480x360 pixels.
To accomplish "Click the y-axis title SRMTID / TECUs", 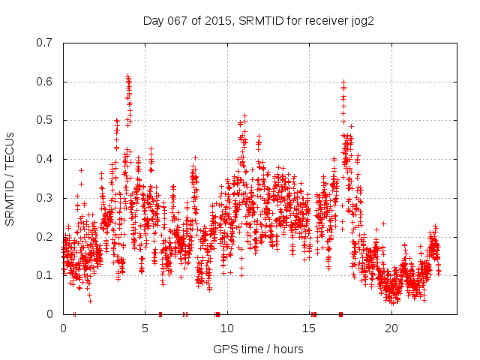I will point(10,178).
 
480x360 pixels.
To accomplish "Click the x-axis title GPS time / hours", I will point(258,349).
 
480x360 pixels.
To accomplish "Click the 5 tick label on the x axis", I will point(145,328).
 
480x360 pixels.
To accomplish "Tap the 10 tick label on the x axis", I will point(227,328).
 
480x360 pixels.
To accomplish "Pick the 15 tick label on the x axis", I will point(310,328).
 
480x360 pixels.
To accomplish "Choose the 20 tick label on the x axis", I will point(391,328).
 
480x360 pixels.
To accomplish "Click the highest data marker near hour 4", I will point(128,76).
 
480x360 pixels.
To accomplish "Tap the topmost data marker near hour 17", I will point(343,82).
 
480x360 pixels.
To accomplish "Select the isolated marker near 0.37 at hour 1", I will point(81,170).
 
